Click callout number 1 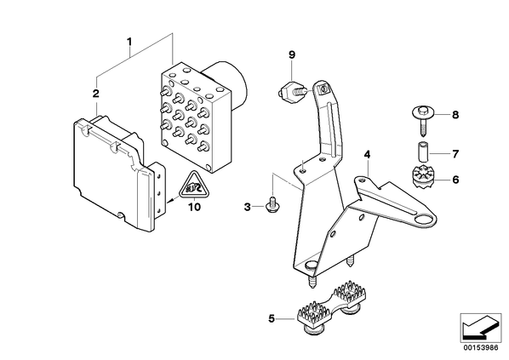coord(129,42)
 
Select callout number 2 coord(96,94)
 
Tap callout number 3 coord(248,207)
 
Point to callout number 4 coord(367,155)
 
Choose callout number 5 coord(272,319)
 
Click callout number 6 coord(455,180)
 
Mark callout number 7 coord(455,154)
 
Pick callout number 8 coord(455,115)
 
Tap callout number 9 coord(292,54)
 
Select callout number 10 coord(194,207)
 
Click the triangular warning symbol coord(194,185)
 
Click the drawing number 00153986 coord(480,348)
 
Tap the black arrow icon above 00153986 coord(479,328)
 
